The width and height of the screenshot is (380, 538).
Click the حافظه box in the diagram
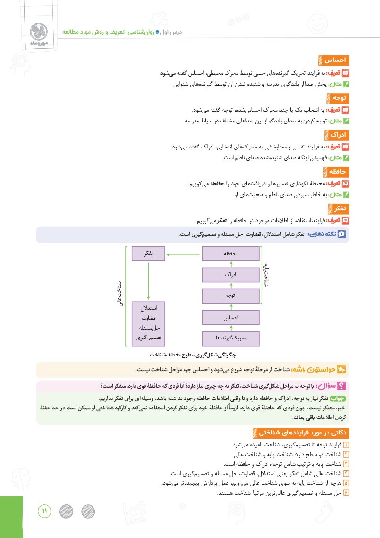point(230,254)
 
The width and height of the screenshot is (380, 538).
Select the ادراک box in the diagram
point(230,275)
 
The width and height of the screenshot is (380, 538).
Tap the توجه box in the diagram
point(230,296)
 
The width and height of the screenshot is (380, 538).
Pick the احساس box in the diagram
point(230,317)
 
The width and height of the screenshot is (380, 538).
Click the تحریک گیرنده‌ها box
point(230,338)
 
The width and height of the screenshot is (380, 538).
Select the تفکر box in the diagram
point(149,254)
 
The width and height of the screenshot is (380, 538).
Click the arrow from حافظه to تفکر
point(184,254)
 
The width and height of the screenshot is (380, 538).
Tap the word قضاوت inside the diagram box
point(149,318)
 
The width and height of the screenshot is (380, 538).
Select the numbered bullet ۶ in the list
point(346,493)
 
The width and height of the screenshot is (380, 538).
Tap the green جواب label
point(338,399)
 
